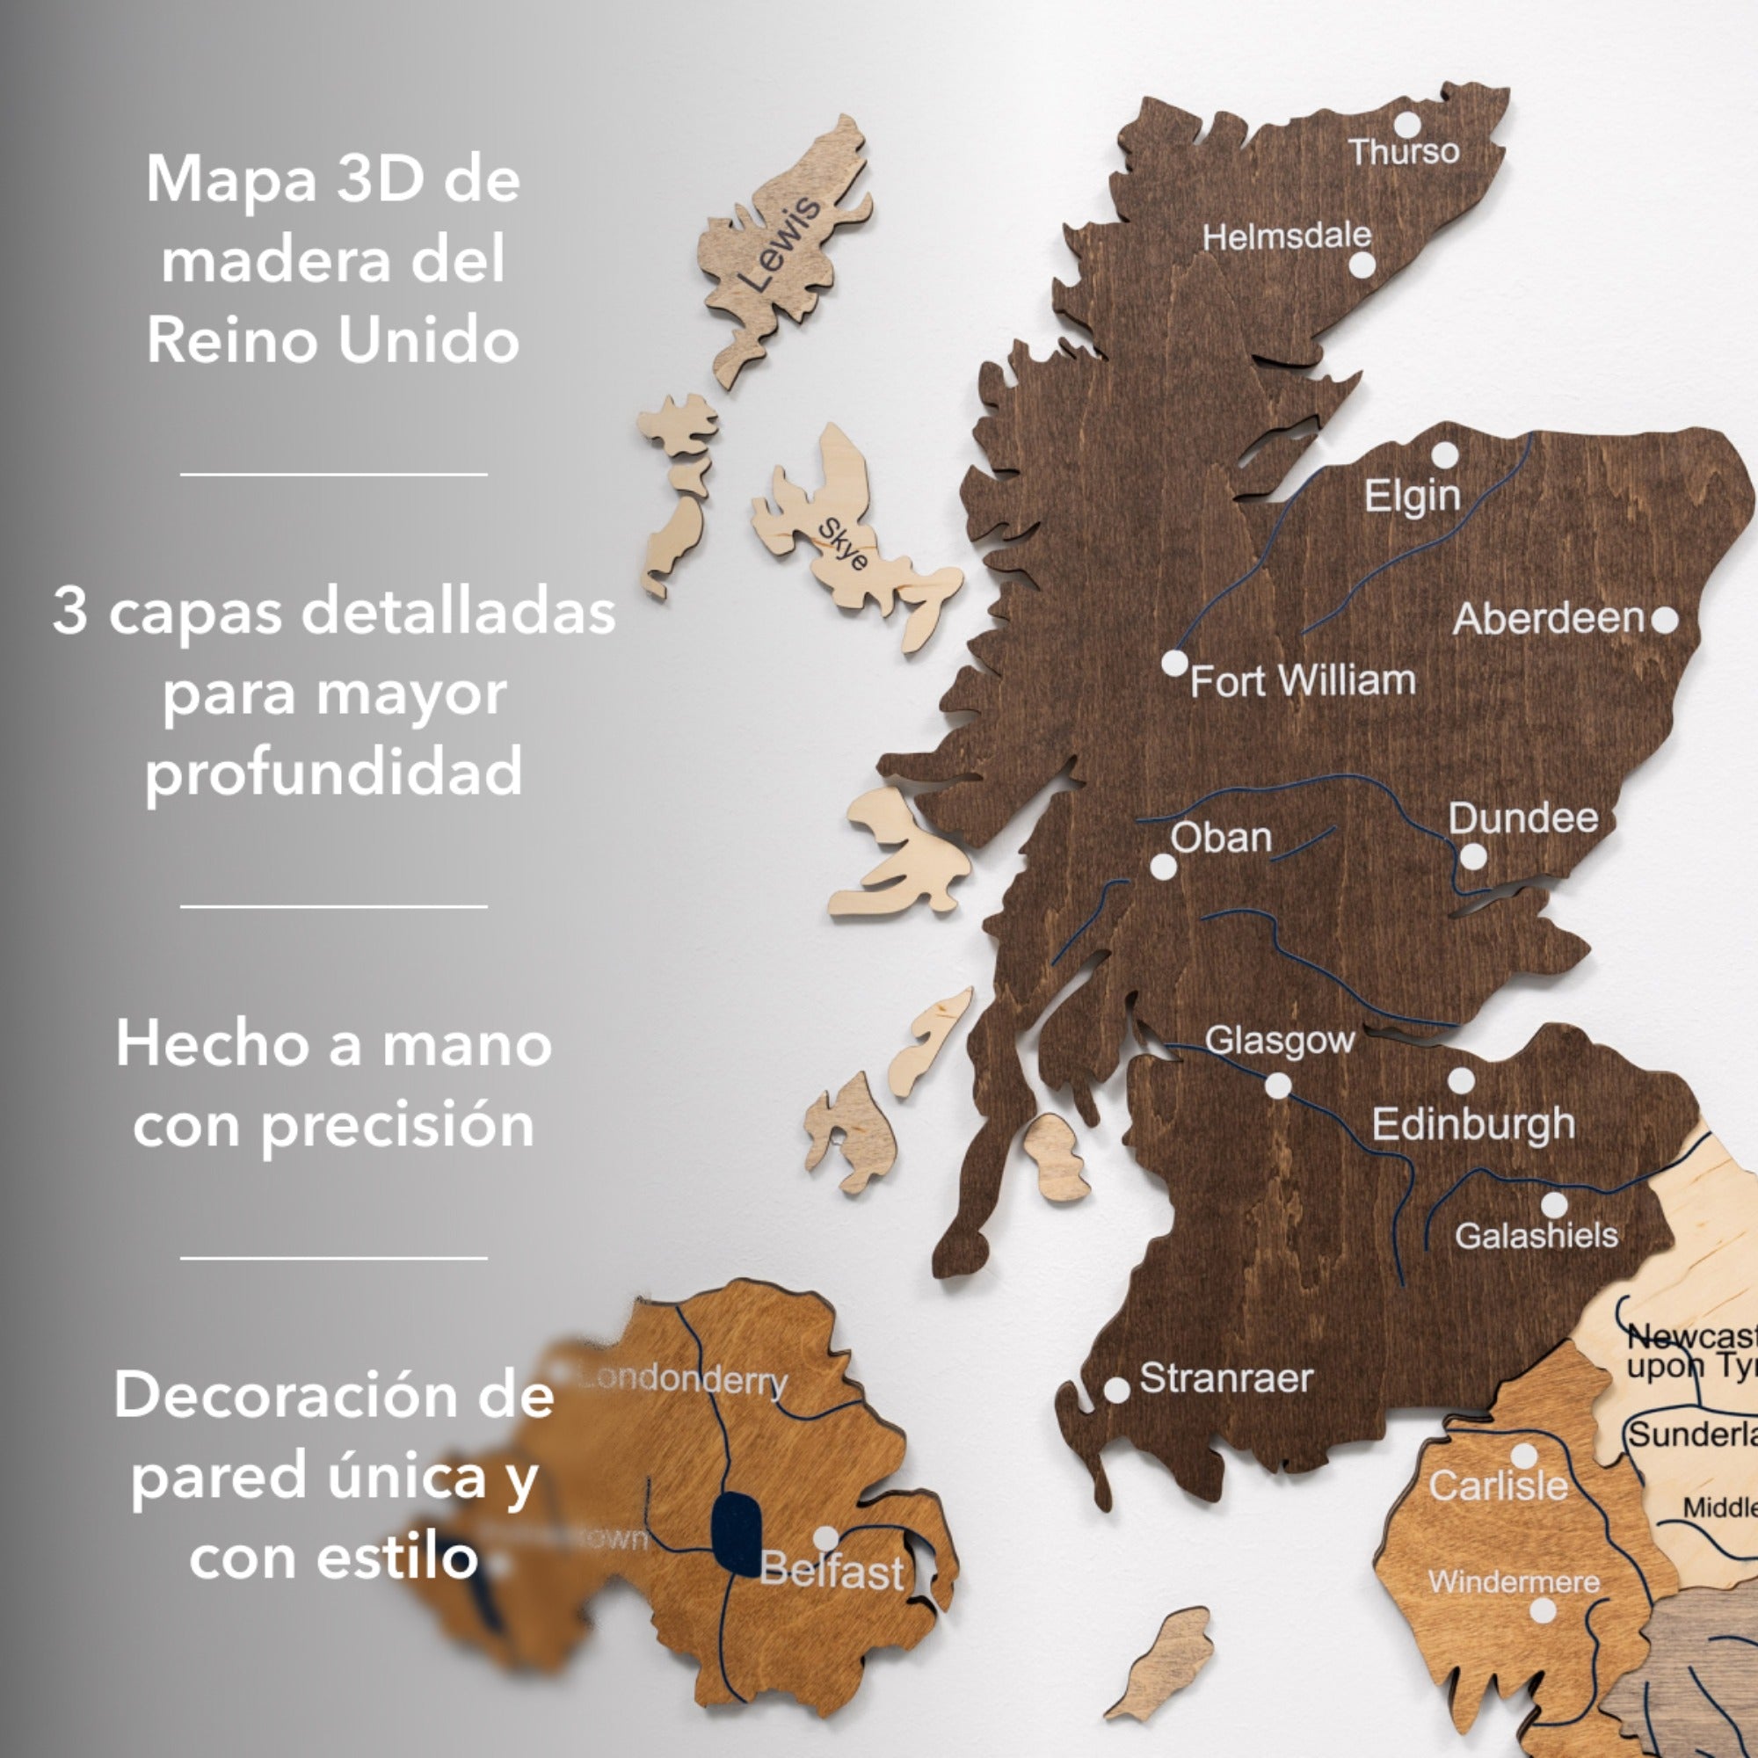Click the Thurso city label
click(x=1403, y=152)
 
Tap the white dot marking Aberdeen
click(x=1664, y=620)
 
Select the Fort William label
click(x=1303, y=680)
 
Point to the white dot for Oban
click(x=1163, y=867)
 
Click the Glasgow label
click(x=1279, y=1040)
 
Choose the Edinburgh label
click(x=1473, y=1125)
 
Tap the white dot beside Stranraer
click(x=1116, y=1390)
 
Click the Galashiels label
click(x=1536, y=1236)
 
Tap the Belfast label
click(x=832, y=1572)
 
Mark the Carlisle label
click(x=1498, y=1486)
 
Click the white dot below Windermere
click(x=1543, y=1610)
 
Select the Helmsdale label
click(x=1287, y=236)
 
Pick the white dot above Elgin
click(x=1445, y=455)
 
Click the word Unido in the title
click(x=428, y=341)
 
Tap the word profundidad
click(x=334, y=772)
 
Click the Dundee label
click(x=1523, y=818)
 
